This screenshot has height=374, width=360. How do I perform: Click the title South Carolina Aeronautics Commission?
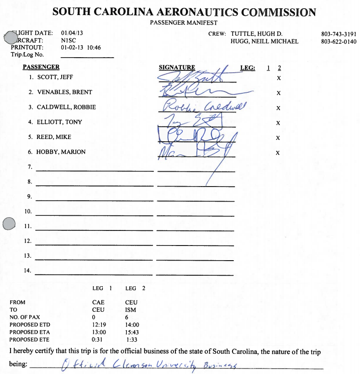[184, 12]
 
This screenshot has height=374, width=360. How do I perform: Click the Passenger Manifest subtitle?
[184, 22]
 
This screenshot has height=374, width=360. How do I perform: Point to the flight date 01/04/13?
[72, 33]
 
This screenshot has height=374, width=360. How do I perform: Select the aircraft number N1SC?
[68, 40]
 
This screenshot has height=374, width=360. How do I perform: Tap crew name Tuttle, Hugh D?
[257, 34]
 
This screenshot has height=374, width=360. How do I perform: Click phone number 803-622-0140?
[339, 41]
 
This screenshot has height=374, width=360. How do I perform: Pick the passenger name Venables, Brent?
[64, 92]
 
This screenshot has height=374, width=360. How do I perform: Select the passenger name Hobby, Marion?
[61, 152]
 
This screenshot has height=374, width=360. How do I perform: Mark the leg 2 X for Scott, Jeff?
[278, 78]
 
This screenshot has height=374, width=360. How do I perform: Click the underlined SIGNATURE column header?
[177, 68]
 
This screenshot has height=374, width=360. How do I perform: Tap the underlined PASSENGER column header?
[41, 67]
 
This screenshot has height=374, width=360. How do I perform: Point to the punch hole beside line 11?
[9, 224]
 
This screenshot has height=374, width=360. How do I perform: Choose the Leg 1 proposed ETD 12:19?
[99, 325]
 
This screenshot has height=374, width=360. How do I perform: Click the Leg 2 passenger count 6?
[127, 317]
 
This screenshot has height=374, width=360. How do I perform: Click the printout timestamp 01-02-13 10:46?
[80, 48]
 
